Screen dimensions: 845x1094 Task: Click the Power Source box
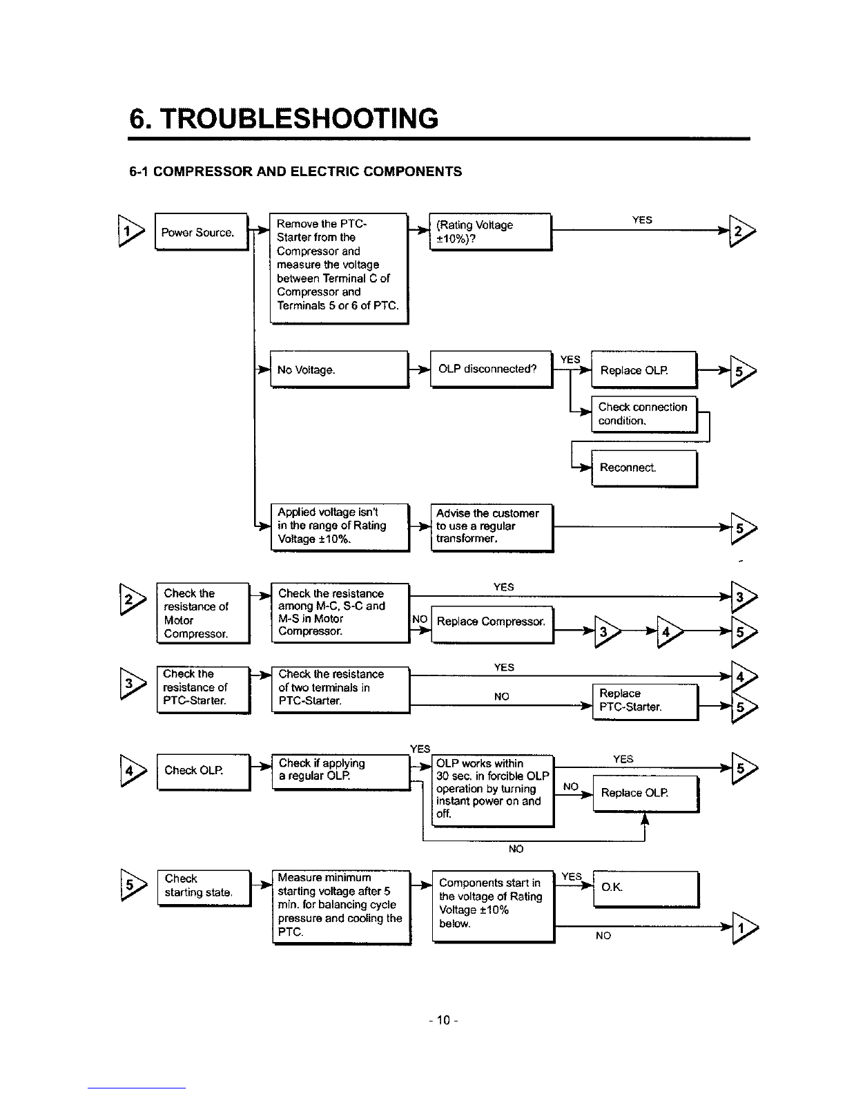[202, 231]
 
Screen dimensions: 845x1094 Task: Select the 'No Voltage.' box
[339, 370]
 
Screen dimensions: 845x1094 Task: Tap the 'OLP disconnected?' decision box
[492, 369]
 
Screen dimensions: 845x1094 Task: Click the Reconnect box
[644, 468]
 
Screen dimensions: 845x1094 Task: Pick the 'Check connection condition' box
[644, 414]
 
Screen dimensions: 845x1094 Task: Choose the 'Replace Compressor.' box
[492, 624]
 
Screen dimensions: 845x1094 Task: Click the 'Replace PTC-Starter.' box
[645, 702]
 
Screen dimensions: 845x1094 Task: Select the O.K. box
[646, 889]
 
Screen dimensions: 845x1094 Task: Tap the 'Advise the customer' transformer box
[492, 528]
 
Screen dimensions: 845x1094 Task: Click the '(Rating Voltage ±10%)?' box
[491, 231]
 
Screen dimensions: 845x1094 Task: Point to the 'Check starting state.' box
[204, 888]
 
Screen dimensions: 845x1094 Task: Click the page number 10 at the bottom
[443, 1020]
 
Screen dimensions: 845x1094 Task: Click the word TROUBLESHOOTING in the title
[299, 119]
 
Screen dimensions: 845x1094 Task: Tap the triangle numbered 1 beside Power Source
[131, 231]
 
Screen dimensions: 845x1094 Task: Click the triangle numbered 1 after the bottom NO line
[744, 928]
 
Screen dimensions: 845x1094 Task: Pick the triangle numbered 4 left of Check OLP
[133, 771]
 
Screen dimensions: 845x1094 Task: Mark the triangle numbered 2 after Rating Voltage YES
[742, 231]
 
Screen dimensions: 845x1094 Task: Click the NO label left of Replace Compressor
[420, 620]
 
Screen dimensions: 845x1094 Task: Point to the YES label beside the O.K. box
[572, 876]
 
